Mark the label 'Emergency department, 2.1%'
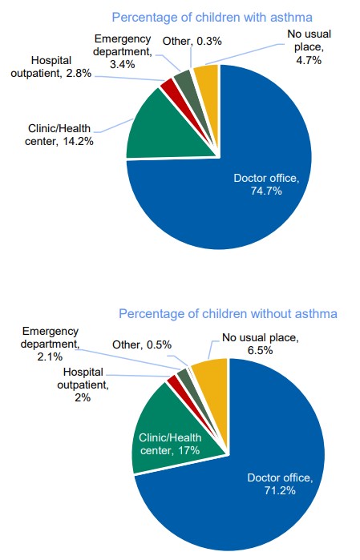click(51, 343)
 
